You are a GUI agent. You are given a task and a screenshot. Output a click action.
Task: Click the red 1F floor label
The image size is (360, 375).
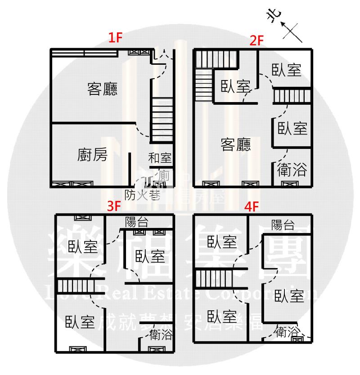coord(116,38)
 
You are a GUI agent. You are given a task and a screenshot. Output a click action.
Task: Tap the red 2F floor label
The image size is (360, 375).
coord(256,41)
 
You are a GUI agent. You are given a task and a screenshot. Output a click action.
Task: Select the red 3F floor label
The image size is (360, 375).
coord(114,206)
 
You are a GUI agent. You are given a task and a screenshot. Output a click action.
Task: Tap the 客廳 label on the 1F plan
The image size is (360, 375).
coord(102,89)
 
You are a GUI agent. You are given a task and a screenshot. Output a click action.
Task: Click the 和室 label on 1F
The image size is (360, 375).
coord(160,158)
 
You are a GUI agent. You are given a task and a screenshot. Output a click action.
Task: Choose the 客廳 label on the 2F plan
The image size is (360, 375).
coord(236,145)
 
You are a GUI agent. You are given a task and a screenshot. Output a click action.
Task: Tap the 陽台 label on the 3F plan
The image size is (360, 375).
coord(137,221)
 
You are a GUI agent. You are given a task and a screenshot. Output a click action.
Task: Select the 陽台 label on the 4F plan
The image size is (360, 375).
coord(283,225)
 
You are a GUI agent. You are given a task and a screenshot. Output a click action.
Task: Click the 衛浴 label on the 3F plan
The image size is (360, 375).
coord(160,335)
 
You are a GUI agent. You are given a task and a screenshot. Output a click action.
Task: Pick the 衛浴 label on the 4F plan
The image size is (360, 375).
coord(287,332)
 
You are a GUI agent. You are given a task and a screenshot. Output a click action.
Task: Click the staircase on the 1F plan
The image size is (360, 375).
coord(162,119)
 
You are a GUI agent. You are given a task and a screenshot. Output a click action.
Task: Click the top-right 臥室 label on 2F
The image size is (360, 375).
coord(286,70)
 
